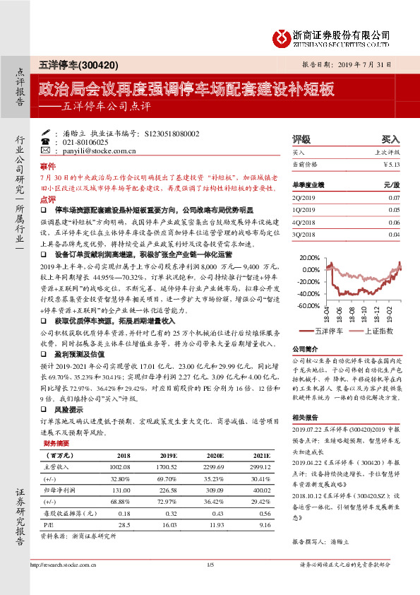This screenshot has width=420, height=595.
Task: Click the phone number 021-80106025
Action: pos(80,142)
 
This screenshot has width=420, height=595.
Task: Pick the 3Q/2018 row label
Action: pos(304,232)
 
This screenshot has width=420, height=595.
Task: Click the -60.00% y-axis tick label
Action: pos(308,305)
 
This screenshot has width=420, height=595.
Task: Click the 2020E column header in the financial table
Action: pos(224,456)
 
